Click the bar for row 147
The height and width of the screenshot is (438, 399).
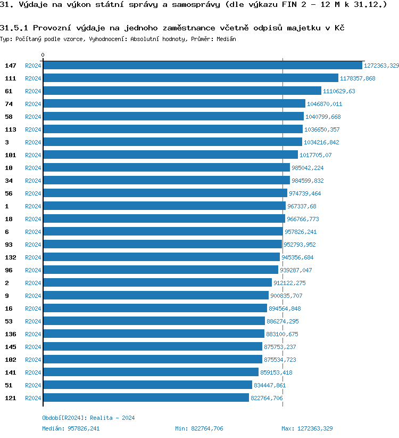coord(202,66)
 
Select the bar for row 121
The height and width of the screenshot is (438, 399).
coord(146,398)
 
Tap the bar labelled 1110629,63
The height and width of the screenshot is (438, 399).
coord(182,91)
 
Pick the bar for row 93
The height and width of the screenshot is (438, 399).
coord(162,245)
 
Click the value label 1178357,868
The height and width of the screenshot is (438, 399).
coord(358,78)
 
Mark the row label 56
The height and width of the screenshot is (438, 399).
coord(9,193)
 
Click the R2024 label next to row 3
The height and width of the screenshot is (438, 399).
coord(33,142)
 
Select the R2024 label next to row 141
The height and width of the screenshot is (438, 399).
coord(33,372)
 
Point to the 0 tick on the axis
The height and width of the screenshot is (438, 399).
coord(43,55)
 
